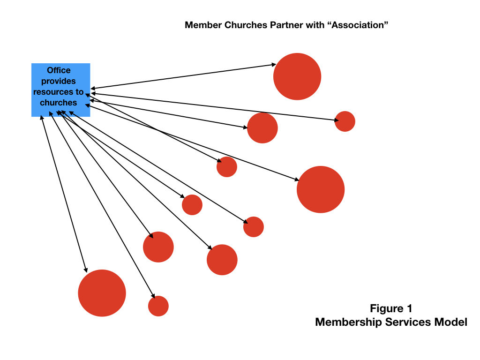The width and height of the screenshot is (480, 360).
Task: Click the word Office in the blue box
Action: (59, 70)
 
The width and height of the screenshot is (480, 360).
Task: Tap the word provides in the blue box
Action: (59, 81)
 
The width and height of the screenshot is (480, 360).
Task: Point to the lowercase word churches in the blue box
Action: (59, 103)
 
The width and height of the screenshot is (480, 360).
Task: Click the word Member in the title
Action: (203, 25)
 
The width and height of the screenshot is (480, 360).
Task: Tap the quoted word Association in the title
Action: (358, 25)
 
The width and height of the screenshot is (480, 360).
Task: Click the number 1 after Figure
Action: (409, 308)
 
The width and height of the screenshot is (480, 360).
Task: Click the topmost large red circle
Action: (297, 76)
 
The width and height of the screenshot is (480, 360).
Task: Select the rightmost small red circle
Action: (345, 121)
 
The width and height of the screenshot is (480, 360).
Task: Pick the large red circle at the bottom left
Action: (102, 293)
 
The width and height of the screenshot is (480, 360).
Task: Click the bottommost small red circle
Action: (158, 306)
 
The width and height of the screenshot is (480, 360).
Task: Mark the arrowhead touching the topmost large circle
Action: (274, 65)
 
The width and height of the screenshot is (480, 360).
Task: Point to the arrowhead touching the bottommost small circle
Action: (153, 296)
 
